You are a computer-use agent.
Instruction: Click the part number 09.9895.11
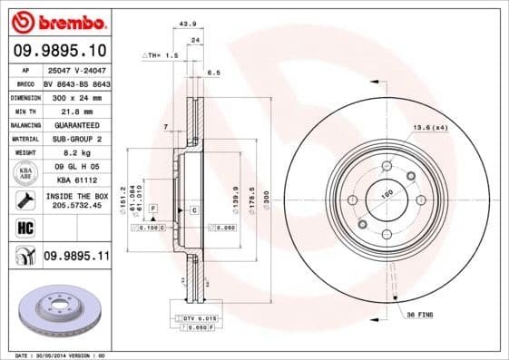(x=76, y=258)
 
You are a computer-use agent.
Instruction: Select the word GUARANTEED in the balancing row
(x=71, y=124)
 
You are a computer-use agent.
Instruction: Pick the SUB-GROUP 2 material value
(x=71, y=139)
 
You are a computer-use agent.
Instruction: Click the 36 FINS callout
(x=418, y=315)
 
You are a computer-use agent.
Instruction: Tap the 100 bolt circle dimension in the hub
(x=386, y=194)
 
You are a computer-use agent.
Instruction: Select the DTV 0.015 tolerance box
(x=192, y=318)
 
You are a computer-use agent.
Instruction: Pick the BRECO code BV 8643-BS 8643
(x=75, y=83)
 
